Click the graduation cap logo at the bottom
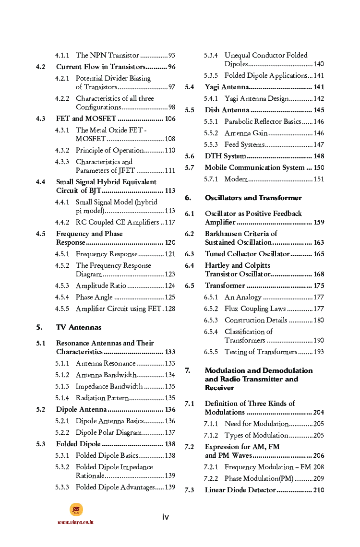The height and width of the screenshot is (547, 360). pyautogui.click(x=76, y=510)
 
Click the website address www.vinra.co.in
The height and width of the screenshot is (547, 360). pyautogui.click(x=76, y=522)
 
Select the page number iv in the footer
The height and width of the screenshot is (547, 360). pyautogui.click(x=165, y=517)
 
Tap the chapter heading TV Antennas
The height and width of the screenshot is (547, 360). pyautogui.click(x=79, y=327)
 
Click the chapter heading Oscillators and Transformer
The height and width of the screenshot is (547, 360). pyautogui.click(x=253, y=198)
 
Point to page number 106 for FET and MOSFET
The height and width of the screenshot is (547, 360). pyautogui.click(x=170, y=119)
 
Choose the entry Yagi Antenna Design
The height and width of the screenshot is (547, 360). pyautogui.click(x=256, y=98)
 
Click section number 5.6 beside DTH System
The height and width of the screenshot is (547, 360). pyautogui.click(x=190, y=156)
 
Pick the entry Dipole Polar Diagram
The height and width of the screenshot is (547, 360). pyautogui.click(x=108, y=432)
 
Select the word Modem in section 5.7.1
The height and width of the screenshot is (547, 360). pyautogui.click(x=236, y=179)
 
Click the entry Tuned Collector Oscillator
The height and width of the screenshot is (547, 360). pyautogui.click(x=247, y=254)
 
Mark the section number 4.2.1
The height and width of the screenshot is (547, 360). pyautogui.click(x=61, y=78)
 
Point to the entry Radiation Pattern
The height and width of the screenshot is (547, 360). pyautogui.click(x=102, y=398)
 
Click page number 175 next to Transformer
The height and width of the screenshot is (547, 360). pyautogui.click(x=319, y=285)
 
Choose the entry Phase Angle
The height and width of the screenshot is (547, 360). pyautogui.click(x=94, y=297)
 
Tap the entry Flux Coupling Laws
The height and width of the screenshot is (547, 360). pyautogui.click(x=255, y=309)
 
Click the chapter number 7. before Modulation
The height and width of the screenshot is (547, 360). pyautogui.click(x=188, y=370)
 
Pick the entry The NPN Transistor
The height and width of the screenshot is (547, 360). pyautogui.click(x=107, y=55)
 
